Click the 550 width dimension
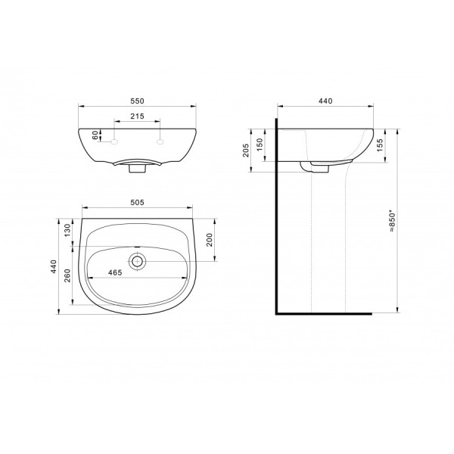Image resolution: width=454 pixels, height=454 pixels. coord(137,101)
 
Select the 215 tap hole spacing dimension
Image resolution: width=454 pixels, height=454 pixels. coord(137,116)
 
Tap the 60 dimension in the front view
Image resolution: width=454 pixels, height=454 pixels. coord(95,135)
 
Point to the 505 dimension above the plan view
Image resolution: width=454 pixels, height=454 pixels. coord(137,202)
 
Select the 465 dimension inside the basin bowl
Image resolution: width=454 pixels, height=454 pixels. coord(115,272)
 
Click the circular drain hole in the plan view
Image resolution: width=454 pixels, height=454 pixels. coord(137,262)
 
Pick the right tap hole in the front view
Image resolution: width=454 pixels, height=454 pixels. coord(160,141)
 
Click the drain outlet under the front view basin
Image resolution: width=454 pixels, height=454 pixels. coord(137,169)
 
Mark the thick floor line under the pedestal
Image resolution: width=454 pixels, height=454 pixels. coord(325,311)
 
